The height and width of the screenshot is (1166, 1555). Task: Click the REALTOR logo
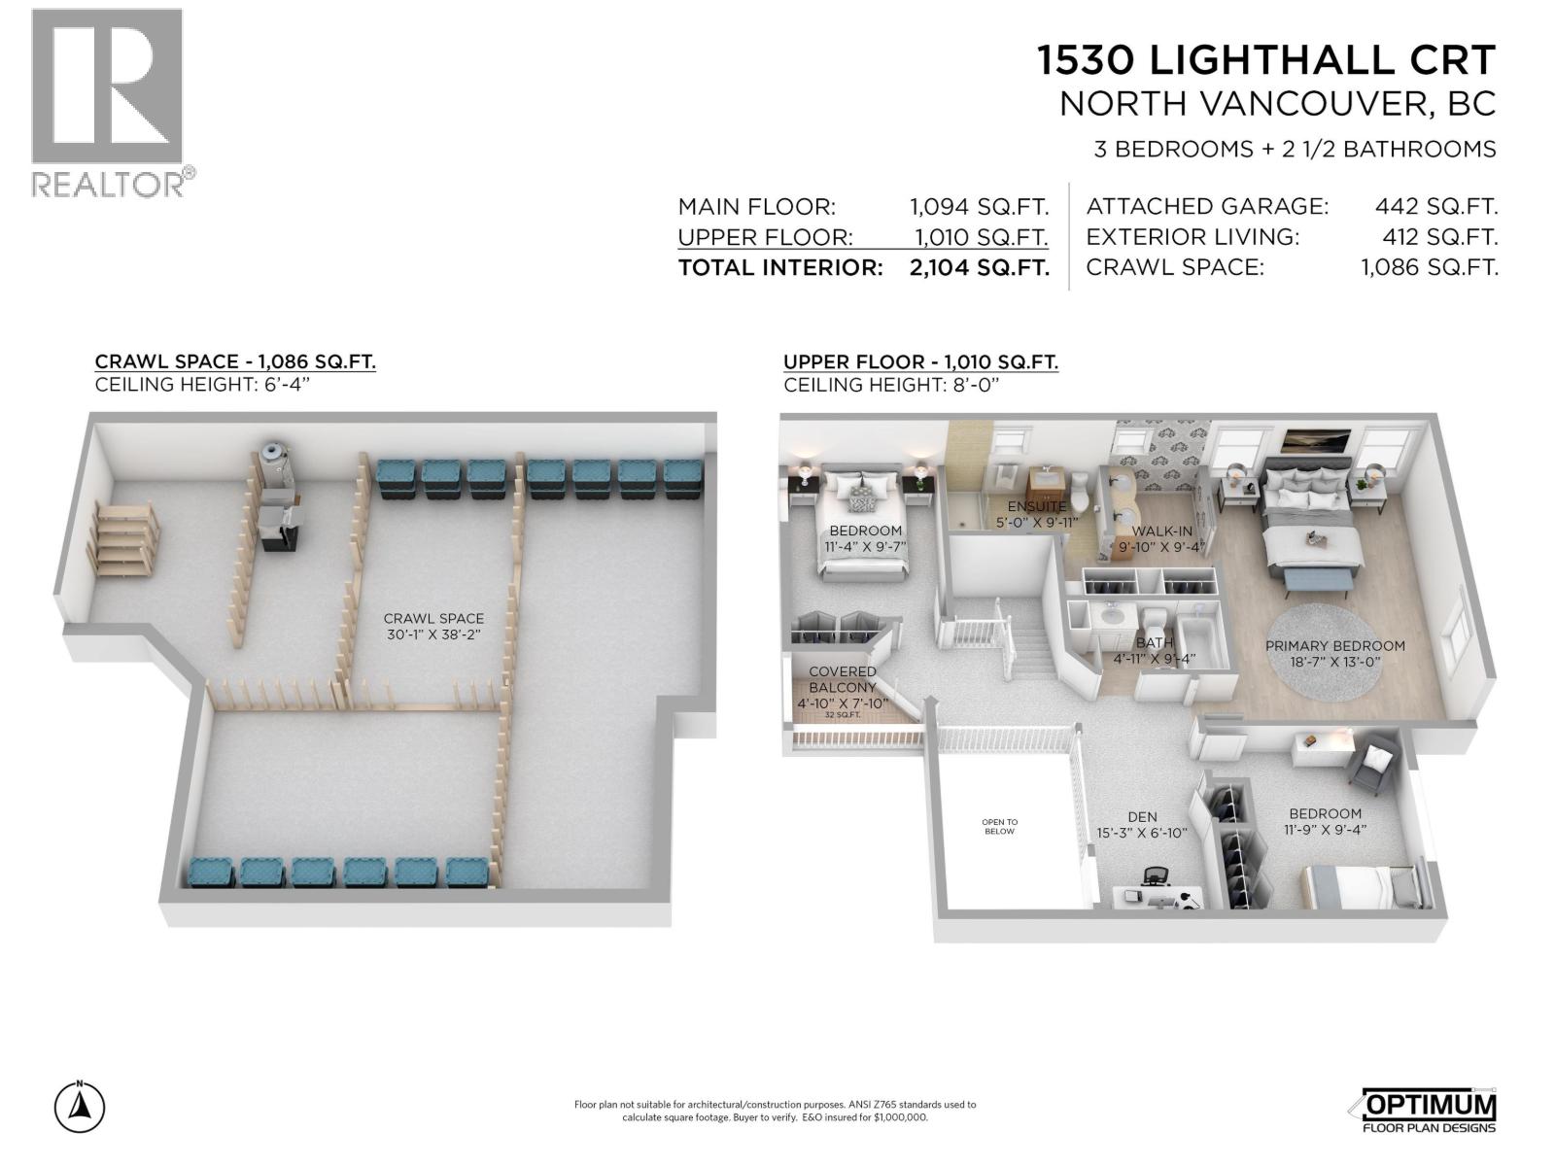[108, 102]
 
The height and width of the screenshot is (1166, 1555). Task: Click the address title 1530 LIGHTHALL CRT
[1265, 60]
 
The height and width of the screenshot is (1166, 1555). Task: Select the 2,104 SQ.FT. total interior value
[979, 267]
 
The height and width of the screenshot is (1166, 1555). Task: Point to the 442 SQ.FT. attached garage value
[1435, 206]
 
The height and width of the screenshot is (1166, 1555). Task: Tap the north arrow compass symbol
[81, 1107]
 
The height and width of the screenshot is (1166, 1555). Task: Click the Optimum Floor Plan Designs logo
[1424, 1110]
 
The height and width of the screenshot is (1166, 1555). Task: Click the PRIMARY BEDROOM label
[1334, 646]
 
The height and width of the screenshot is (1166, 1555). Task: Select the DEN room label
[1142, 817]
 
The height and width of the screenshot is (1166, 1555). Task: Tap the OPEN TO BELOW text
[999, 827]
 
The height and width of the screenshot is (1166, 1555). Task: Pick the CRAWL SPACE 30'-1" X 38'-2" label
[433, 626]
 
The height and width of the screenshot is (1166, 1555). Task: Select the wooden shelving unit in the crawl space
[123, 542]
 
